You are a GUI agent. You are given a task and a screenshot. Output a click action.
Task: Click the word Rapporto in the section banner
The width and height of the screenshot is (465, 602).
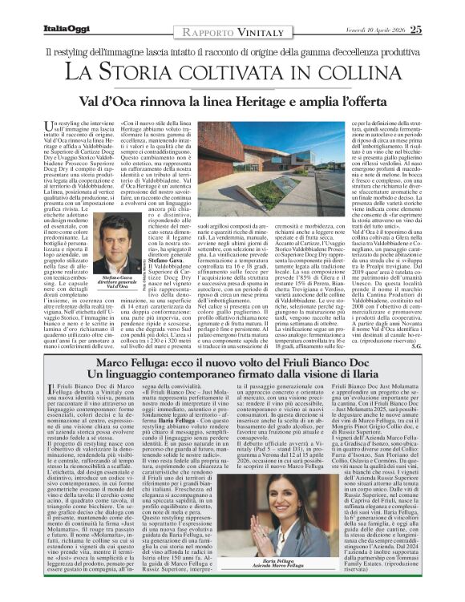pos(200,30)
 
